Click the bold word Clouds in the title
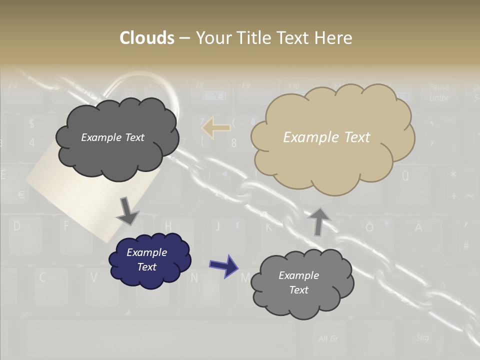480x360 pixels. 147,38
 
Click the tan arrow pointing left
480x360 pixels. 216,127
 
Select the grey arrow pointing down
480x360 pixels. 127,211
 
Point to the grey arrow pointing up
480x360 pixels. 318,221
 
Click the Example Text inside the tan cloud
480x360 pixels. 326,137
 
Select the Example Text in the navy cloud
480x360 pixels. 147,260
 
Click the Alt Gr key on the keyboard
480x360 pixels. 328,338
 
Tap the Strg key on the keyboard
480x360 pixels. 422,338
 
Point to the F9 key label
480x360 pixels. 245,85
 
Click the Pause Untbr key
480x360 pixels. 439,92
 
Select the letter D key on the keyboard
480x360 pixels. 17,226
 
